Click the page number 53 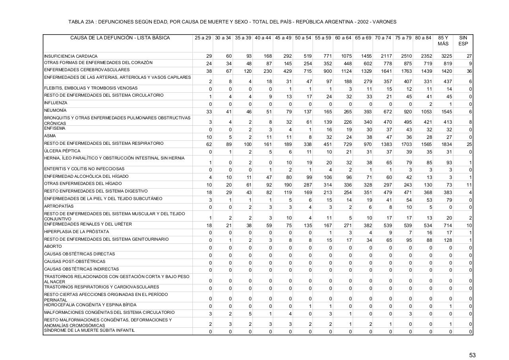pos(472,355)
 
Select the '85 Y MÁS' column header pos(443,41)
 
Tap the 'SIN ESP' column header pos(463,41)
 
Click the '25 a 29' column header pos(203,38)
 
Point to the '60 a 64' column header pos(343,38)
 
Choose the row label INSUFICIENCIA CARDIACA pos(71,56)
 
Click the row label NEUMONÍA pos(55,110)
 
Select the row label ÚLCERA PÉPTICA pos(62,151)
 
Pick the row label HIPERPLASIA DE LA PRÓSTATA pos(76,232)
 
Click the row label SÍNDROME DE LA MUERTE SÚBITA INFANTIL pos(89,330)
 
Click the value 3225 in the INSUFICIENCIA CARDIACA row pos(447,56)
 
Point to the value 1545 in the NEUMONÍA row pos(447,112)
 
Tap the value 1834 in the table pos(447,144)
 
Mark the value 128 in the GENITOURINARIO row pos(448,241)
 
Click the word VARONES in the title pos(384,22)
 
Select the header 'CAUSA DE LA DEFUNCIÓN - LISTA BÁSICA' pos(120,38)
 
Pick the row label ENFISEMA pos(54,128)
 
